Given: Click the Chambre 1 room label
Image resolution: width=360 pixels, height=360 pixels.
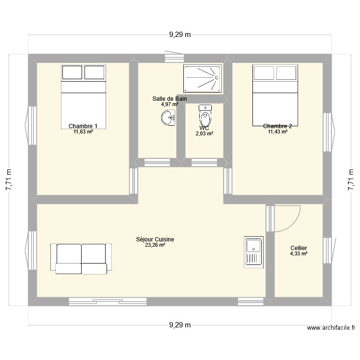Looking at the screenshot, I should pyautogui.click(x=83, y=126).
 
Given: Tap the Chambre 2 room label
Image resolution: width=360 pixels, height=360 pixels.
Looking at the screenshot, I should pyautogui.click(x=277, y=126).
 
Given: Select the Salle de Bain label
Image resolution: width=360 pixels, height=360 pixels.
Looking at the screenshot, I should pyautogui.click(x=169, y=99).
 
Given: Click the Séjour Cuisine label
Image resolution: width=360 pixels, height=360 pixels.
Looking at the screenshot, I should pyautogui.click(x=155, y=239).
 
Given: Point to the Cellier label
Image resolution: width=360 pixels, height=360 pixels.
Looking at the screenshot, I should pyautogui.click(x=299, y=248).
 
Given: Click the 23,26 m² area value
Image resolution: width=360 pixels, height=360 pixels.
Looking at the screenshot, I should pyautogui.click(x=155, y=245).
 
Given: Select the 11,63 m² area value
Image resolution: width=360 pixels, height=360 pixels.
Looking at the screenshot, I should pyautogui.click(x=83, y=132).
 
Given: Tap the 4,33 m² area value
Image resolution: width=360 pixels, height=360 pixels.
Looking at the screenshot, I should pyautogui.click(x=299, y=253).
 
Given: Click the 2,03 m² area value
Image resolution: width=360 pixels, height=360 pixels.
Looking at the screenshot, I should pyautogui.click(x=204, y=134).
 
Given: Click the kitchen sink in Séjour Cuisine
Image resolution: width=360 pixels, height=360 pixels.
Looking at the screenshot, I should pyautogui.click(x=253, y=251).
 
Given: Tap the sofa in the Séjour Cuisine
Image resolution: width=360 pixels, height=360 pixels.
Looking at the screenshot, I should pyautogui.click(x=81, y=259).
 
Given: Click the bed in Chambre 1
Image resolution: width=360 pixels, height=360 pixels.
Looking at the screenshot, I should pyautogui.click(x=84, y=96).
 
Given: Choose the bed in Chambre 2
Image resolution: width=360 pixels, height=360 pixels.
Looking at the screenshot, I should pyautogui.click(x=275, y=96).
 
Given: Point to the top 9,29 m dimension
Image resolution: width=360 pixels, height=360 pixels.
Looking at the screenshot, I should pyautogui.click(x=180, y=35).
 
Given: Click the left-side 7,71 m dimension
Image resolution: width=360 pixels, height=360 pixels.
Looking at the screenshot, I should pyautogui.click(x=9, y=180).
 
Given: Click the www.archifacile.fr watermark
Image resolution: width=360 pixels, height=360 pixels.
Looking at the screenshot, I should pyautogui.click(x=331, y=328).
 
